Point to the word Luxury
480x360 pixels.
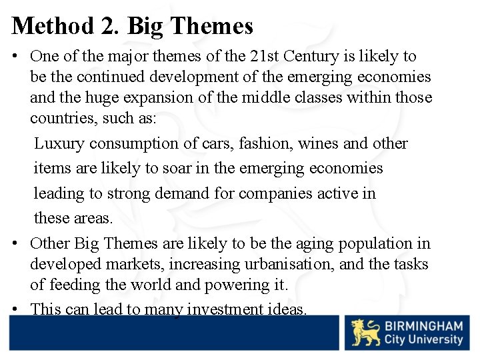pos(59,143)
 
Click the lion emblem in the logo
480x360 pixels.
pos(366,332)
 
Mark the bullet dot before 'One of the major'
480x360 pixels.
pos(15,57)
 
